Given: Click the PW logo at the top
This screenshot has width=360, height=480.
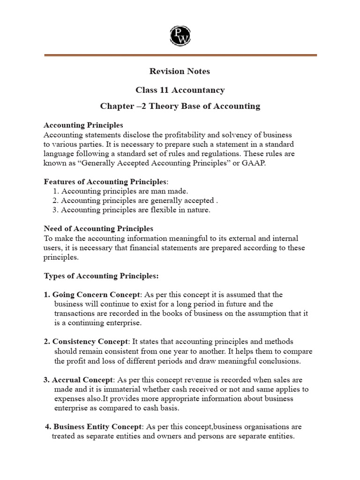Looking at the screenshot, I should pos(180,35).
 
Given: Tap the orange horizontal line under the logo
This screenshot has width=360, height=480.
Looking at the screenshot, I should pos(180,55).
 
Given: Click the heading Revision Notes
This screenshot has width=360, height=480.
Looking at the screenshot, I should pos(180,71).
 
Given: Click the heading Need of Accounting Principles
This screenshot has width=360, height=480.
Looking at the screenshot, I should pos(98,229).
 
